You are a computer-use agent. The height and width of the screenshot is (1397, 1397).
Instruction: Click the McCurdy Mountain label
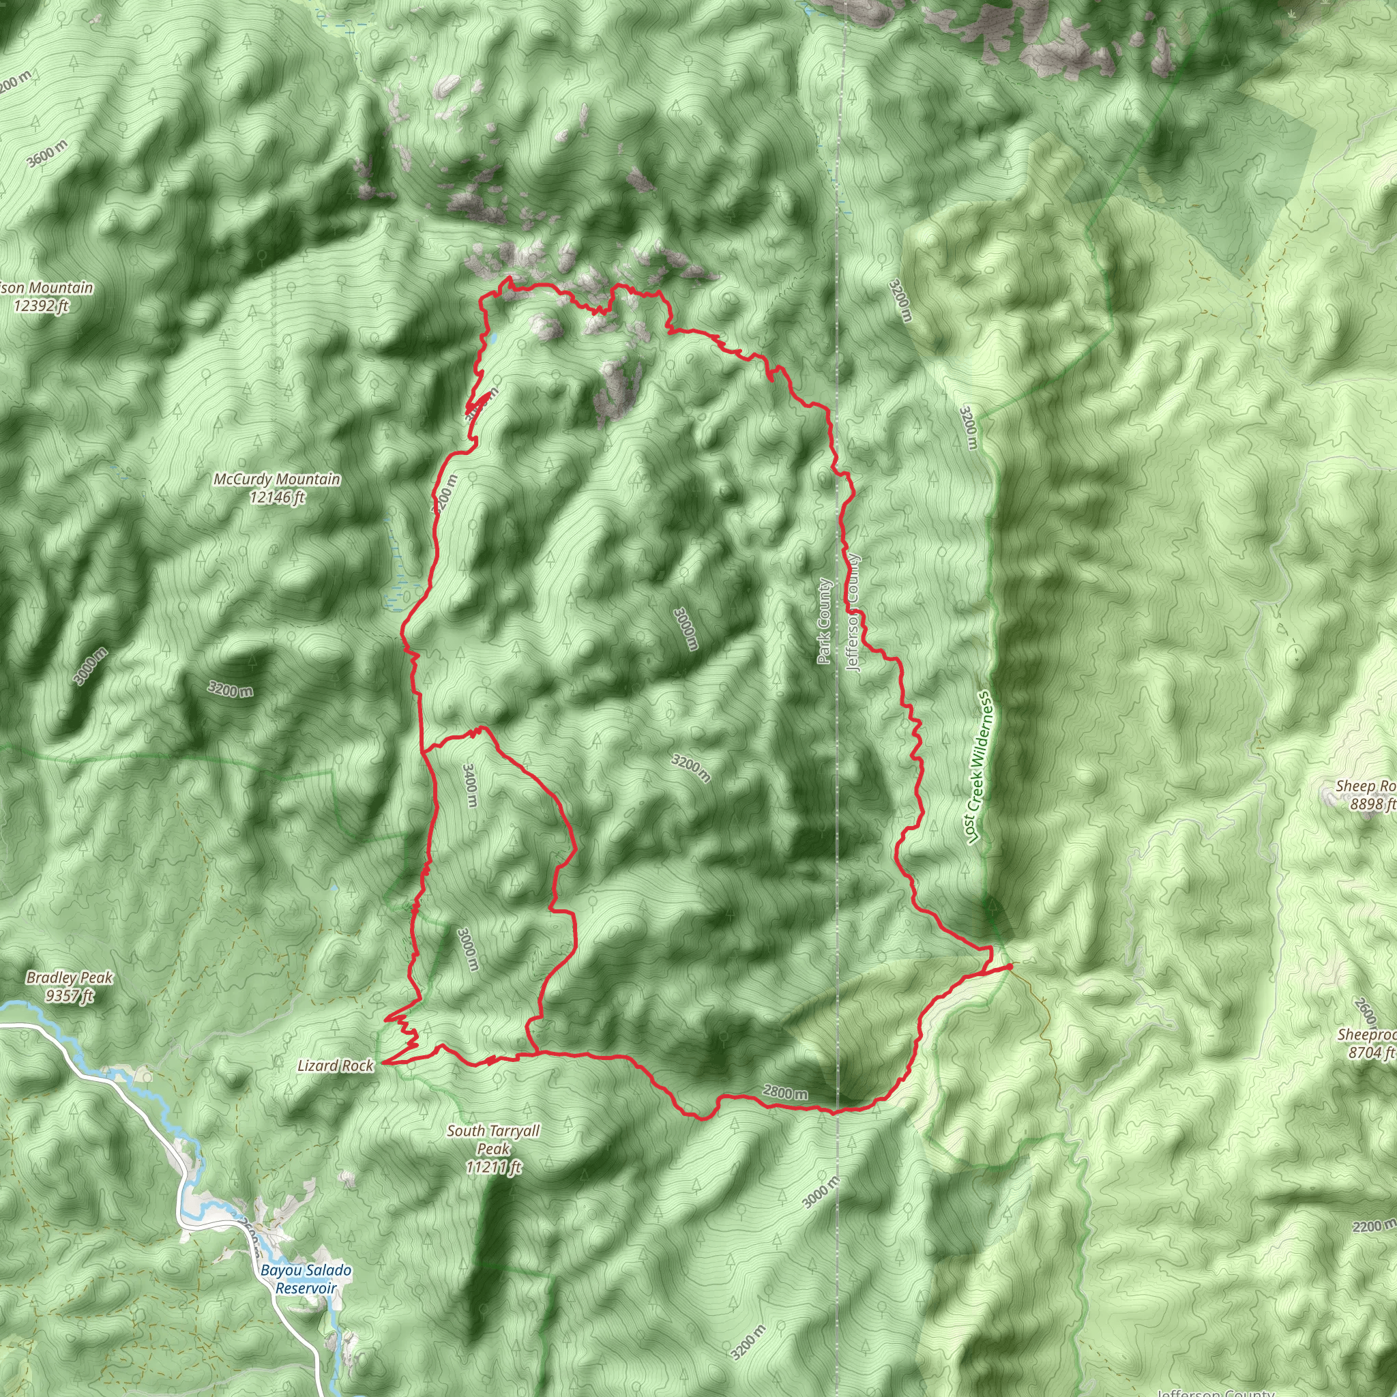coord(276,480)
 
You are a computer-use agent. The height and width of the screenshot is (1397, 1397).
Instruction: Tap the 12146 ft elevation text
coord(276,497)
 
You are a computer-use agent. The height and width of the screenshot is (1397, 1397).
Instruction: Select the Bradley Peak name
coord(70,977)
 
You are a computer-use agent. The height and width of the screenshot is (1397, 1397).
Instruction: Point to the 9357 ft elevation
coord(70,997)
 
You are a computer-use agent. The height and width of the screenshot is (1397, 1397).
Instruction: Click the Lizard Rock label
coord(336,1066)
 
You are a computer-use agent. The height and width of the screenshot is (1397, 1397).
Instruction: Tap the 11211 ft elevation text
coord(494,1167)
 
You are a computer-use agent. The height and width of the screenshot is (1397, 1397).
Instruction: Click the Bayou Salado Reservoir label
coord(306,1279)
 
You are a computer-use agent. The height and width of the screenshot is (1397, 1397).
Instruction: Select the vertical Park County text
coord(824,621)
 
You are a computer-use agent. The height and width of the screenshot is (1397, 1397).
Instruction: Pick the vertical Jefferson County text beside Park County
coord(853,613)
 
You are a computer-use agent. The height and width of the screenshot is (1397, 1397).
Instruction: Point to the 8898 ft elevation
coord(1372,804)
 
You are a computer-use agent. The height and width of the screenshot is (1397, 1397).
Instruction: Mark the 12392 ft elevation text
coord(41,306)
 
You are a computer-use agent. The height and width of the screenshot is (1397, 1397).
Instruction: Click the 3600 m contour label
coord(48,153)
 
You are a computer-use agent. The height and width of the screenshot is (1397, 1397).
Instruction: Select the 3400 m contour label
coord(469,786)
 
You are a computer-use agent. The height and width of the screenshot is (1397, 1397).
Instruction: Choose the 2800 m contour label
coord(784,1093)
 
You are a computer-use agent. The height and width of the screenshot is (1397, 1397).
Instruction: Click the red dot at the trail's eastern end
coord(1010,965)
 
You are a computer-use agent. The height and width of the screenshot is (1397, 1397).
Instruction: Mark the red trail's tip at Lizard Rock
coord(383,1063)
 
